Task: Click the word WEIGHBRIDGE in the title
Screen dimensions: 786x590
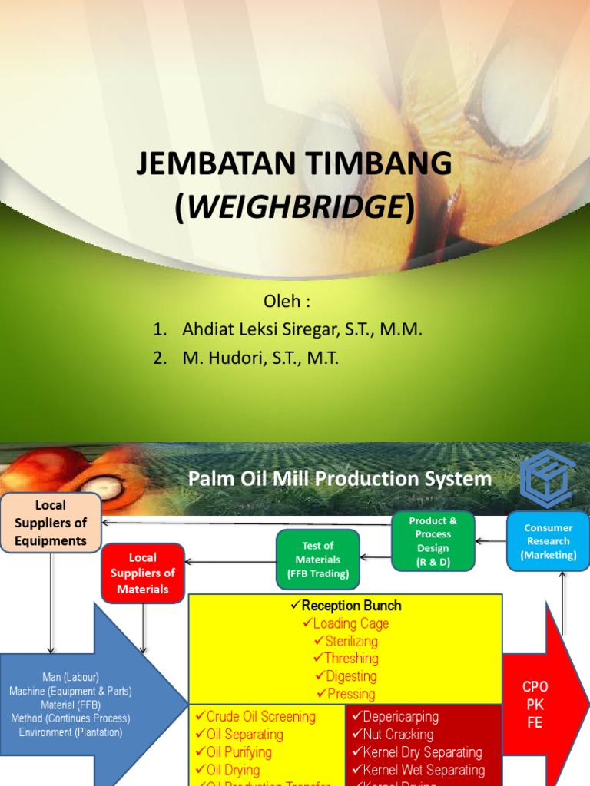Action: [x=295, y=207]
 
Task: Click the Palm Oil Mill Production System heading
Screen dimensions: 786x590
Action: [x=340, y=479]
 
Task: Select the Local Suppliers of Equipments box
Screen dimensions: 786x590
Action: [x=51, y=523]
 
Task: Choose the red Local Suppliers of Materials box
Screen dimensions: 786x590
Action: [x=142, y=573]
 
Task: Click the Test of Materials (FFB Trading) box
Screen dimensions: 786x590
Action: [x=317, y=559]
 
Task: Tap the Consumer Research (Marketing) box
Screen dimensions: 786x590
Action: [x=548, y=541]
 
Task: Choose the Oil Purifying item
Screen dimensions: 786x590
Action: [x=239, y=752]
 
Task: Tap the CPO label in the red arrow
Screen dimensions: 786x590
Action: [x=535, y=686]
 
